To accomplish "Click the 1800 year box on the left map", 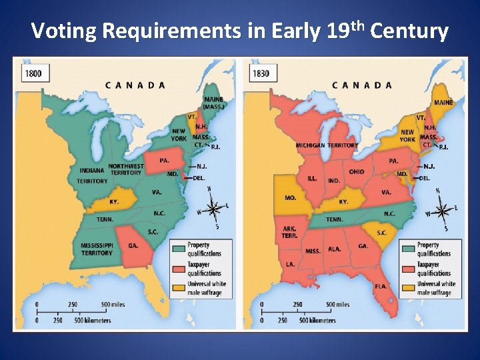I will [x=34, y=73].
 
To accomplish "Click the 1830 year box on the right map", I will [x=261, y=73].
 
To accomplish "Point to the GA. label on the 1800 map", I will [x=133, y=245].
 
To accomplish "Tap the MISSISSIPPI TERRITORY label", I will [x=97, y=249].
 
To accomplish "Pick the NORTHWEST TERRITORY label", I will [x=125, y=169].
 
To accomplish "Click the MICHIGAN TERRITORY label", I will [x=327, y=145].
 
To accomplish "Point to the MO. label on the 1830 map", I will [x=291, y=198].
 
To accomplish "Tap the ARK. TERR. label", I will [x=290, y=232].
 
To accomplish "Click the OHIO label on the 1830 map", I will [x=357, y=171].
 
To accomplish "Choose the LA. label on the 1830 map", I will [x=291, y=264].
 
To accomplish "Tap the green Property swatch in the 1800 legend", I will [x=179, y=248].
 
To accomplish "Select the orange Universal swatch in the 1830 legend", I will [x=408, y=287].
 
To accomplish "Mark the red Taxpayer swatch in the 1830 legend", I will [x=408, y=268].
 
